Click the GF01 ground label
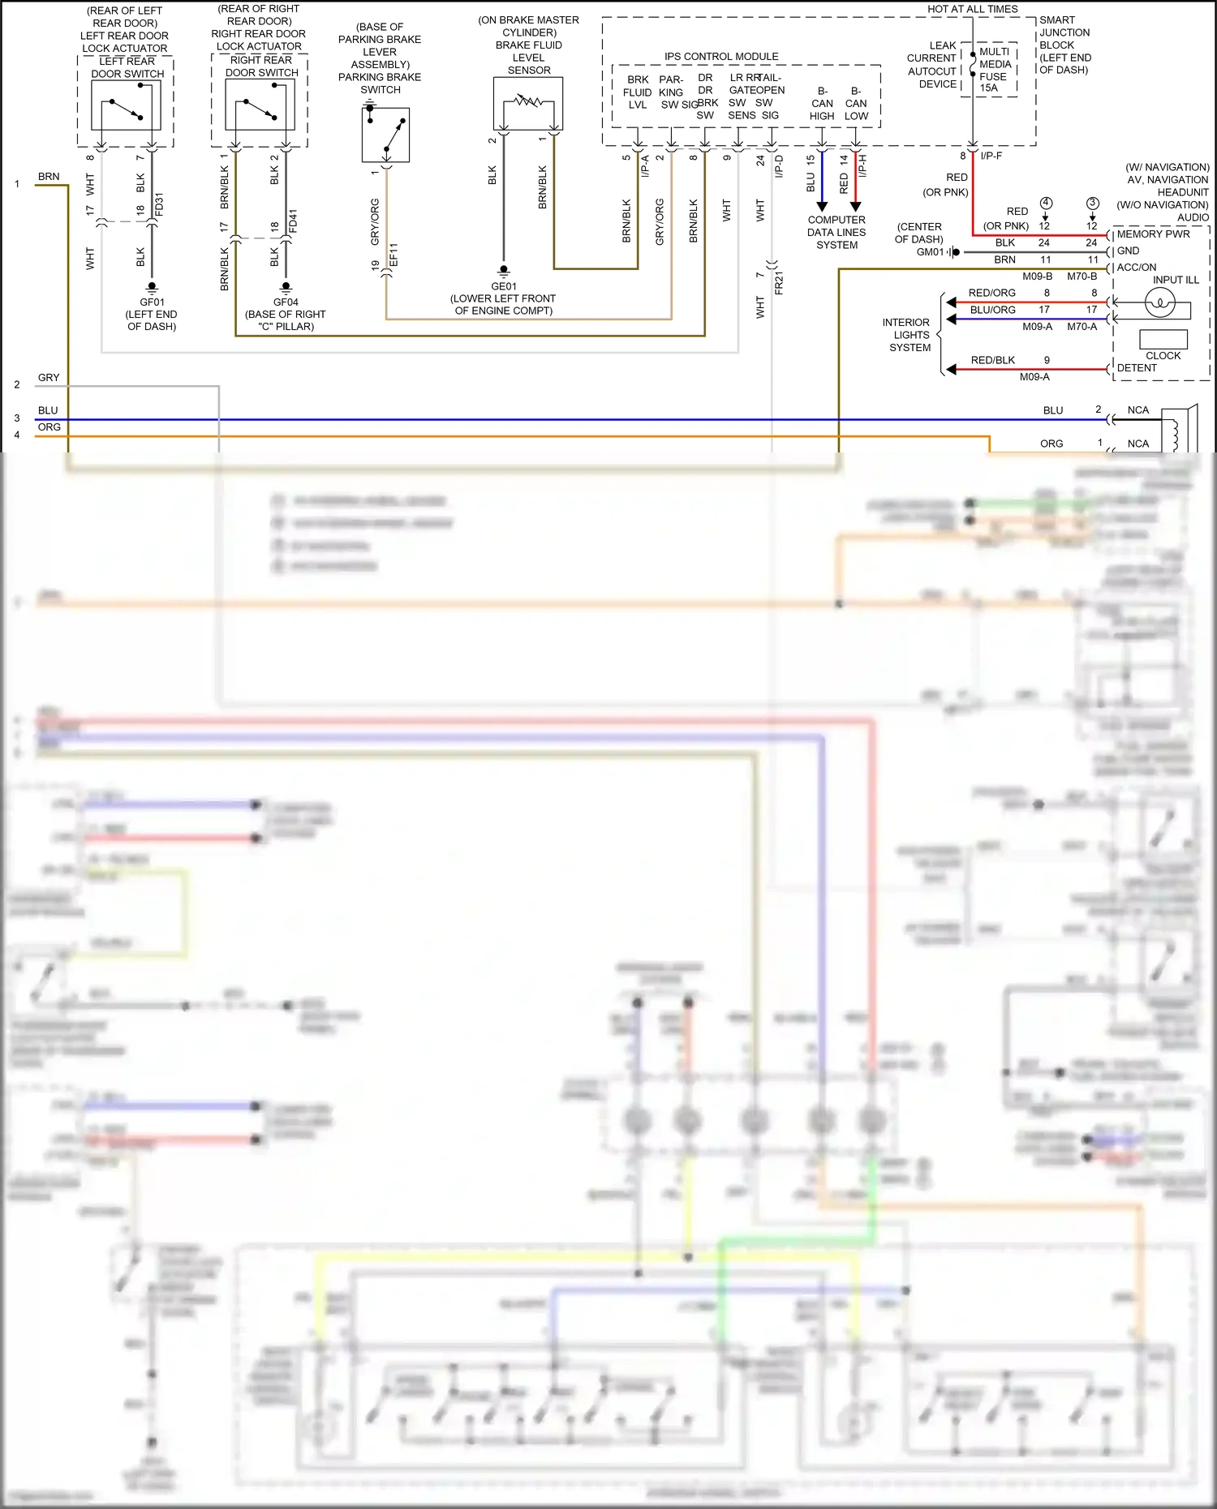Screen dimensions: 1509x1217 point(152,302)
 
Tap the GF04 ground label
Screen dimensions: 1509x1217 point(286,302)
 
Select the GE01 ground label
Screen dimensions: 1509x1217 point(503,286)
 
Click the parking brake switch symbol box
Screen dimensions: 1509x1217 point(385,135)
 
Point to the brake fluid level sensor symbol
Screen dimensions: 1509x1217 point(528,104)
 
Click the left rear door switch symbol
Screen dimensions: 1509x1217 point(127,105)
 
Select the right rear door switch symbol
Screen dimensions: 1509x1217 point(260,105)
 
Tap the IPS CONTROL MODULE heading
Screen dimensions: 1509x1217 point(721,56)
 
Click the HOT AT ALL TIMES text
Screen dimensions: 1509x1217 point(972,9)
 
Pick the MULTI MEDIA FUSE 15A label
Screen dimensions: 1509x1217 point(994,70)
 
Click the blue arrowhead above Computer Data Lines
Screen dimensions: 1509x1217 point(822,206)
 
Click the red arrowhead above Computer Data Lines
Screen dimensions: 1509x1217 point(855,206)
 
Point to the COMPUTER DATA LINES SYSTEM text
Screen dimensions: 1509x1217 point(836,232)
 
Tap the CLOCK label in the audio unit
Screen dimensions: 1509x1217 point(1163,355)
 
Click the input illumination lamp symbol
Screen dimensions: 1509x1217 point(1159,303)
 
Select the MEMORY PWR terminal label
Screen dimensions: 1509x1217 point(1153,234)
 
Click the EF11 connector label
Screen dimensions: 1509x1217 point(394,255)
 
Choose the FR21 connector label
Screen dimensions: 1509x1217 point(779,284)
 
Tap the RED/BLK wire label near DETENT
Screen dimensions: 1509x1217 point(992,360)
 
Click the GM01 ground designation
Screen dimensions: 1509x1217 point(930,252)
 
